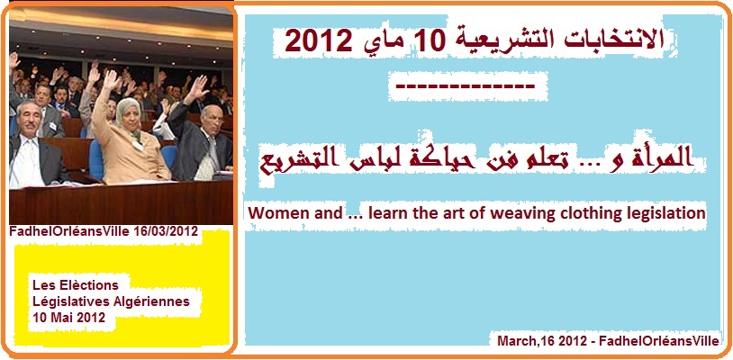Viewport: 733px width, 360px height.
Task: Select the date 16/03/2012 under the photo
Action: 167,232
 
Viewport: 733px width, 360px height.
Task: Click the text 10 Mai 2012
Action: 68,318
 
